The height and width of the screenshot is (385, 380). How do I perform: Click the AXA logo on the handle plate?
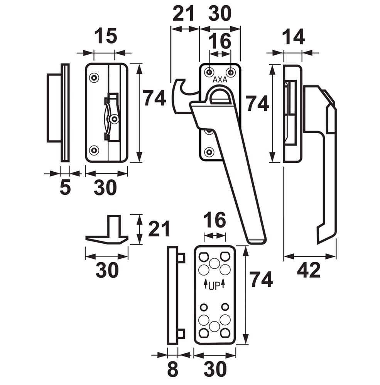220,80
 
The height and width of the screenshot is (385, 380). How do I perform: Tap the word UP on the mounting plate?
214,286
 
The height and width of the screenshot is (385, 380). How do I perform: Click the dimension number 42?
309,270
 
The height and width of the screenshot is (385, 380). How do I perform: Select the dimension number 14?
293,38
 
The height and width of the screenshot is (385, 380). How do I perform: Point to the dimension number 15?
106,36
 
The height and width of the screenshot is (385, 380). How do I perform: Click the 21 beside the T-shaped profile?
159,229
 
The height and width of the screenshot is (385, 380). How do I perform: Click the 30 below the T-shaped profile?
107,270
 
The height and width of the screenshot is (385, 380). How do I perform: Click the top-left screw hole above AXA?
209,72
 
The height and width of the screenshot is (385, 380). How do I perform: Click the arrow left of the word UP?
206,284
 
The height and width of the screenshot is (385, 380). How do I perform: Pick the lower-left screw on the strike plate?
94,150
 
